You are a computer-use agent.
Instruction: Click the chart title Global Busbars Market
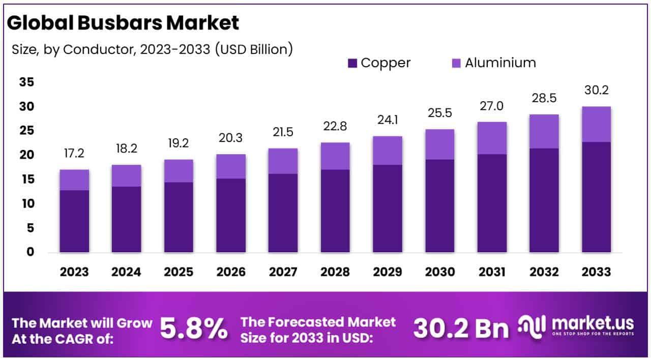(124, 22)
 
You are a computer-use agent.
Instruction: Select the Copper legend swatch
(353, 63)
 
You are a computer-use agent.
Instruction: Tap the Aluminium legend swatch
(456, 63)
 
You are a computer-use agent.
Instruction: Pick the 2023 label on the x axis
(74, 272)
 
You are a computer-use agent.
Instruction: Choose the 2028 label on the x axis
(335, 272)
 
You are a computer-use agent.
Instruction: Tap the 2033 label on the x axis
(596, 272)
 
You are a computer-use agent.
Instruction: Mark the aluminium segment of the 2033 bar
(596, 124)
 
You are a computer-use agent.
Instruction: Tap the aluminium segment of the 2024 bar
(127, 175)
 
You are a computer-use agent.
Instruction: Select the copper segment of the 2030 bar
(440, 206)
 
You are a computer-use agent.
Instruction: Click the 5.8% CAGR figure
(194, 328)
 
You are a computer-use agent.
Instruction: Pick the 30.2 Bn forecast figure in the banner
(461, 328)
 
